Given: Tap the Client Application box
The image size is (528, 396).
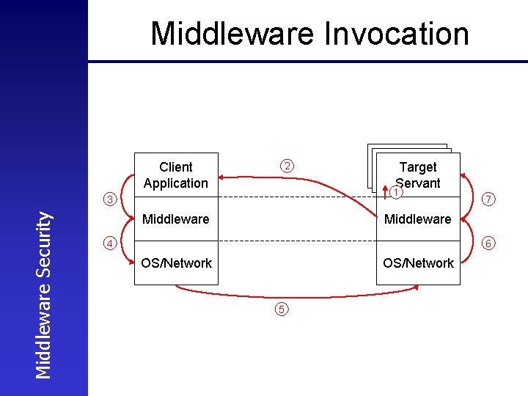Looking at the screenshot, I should [176, 175].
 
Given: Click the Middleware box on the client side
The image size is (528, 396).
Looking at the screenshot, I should [176, 219].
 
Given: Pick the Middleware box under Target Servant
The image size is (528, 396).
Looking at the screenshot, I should [418, 219].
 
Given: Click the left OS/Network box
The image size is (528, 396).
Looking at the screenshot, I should [176, 263].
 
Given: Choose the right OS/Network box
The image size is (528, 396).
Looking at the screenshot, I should [418, 263].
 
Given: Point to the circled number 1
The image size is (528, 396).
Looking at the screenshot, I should [396, 192].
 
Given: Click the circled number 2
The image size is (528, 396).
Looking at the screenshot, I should [288, 166].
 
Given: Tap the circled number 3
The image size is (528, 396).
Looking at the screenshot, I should [109, 199].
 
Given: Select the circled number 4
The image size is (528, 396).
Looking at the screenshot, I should [109, 243].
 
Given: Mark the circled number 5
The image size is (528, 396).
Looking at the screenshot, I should [283, 309].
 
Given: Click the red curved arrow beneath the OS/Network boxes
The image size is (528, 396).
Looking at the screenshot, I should [293, 296].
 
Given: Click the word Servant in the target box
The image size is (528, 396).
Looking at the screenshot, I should [418, 183].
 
